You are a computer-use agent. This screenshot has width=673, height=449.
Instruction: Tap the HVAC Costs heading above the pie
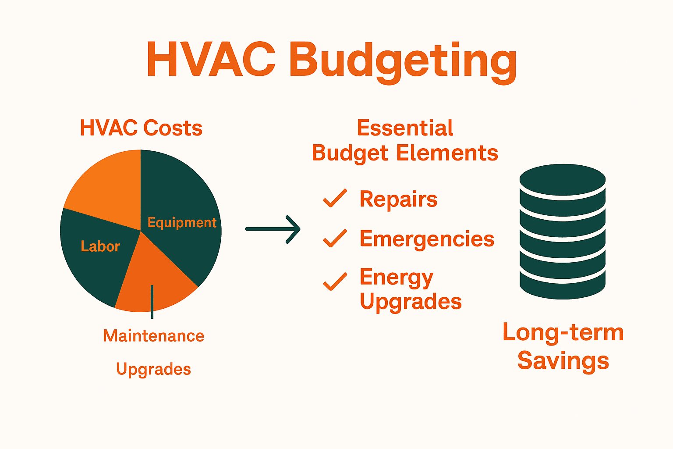point(141,128)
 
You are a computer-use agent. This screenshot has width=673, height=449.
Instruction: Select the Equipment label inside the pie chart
point(182,223)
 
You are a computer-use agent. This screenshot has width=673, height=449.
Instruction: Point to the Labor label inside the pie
point(100,246)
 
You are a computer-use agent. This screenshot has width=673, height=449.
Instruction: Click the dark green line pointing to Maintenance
point(152,303)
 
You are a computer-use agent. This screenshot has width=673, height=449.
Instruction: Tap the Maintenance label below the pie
point(154,336)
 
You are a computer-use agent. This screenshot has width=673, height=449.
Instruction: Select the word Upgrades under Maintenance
point(154,369)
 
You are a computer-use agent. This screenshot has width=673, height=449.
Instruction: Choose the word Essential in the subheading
point(405,128)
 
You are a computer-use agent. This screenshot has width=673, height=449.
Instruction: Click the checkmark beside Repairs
point(335,198)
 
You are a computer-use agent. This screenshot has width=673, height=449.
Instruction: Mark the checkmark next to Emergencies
point(335,238)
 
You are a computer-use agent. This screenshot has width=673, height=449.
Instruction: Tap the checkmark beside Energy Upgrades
point(335,281)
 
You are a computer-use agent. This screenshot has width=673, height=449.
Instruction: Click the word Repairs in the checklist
point(398,200)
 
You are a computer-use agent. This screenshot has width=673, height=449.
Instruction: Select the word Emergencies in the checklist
point(427,239)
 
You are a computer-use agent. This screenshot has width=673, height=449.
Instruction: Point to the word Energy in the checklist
point(397,278)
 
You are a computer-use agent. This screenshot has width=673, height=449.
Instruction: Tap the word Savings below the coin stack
point(563,361)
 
